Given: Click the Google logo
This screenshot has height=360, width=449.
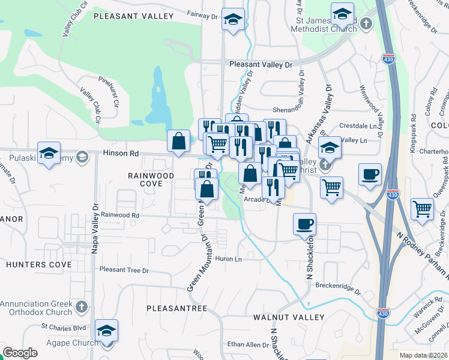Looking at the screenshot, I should click(20, 353).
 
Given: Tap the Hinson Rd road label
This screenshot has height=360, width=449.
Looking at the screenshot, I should click(115, 154).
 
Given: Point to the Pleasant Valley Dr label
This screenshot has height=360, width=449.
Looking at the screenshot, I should click(261, 64).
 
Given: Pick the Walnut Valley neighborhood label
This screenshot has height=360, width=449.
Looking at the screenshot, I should click(289, 317).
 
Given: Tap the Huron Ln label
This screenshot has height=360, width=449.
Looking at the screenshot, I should click(228, 259).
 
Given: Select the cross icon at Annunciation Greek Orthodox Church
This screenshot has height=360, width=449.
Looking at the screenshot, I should click(82, 308).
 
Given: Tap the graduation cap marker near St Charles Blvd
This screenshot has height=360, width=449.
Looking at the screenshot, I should click(106, 331).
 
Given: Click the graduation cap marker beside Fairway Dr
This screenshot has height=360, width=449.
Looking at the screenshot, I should click(233, 20).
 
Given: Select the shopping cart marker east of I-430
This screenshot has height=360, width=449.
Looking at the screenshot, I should click(423, 209).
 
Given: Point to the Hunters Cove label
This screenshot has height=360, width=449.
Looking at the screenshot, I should click(30, 264).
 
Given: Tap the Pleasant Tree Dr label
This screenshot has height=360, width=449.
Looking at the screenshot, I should click(124, 271).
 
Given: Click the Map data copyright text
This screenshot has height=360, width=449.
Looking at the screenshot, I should click(424, 355).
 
